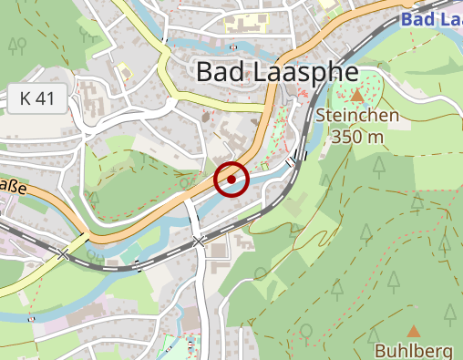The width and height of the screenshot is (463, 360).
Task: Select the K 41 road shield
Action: click(x=37, y=98)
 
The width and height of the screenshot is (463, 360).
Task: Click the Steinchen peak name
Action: click(x=358, y=116)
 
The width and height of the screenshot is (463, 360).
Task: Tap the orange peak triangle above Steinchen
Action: click(x=358, y=95)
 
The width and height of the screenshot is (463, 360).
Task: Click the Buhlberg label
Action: click(x=414, y=351)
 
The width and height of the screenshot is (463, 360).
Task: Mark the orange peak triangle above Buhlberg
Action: click(x=414, y=332)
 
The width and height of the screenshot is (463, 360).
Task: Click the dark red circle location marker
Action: click(x=231, y=180)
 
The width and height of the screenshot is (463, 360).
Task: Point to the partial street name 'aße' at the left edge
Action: click(x=11, y=189)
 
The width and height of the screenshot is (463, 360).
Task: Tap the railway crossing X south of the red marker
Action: click(x=200, y=242)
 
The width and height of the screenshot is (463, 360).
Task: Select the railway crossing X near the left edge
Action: click(x=63, y=254)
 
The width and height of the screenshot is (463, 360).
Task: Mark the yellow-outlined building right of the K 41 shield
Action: click(x=122, y=71)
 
